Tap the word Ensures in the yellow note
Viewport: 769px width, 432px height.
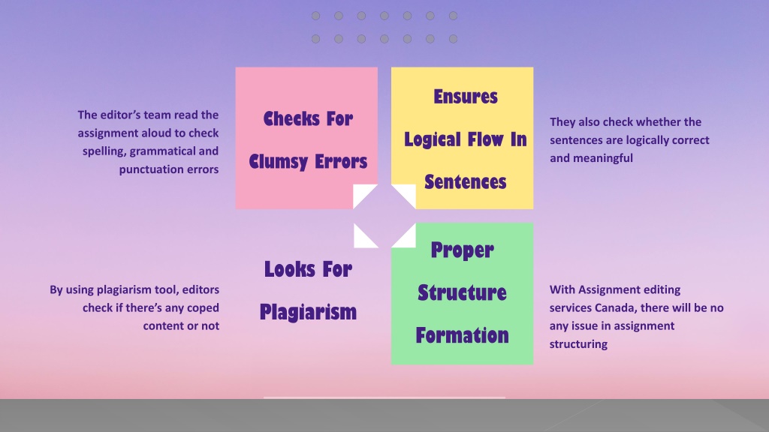[466, 97]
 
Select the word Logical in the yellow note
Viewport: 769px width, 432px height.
[433, 140]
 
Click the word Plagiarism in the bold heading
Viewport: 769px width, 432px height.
[308, 312]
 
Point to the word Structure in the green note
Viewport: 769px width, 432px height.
[462, 292]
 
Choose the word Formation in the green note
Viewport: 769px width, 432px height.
[462, 335]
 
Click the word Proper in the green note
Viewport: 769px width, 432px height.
[462, 250]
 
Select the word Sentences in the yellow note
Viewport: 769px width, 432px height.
[465, 182]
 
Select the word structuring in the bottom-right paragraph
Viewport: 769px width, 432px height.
[578, 344]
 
